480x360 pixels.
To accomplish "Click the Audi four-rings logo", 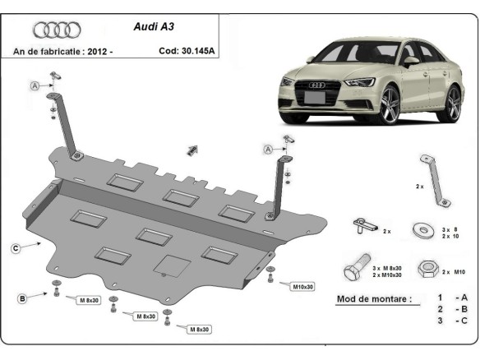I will pyautogui.click(x=57, y=30).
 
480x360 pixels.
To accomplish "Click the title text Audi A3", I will pyautogui.click(x=153, y=25).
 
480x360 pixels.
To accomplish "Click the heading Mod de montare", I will pyautogui.click(x=374, y=298).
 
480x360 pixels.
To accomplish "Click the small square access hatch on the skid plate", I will pyautogui.click(x=172, y=265).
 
